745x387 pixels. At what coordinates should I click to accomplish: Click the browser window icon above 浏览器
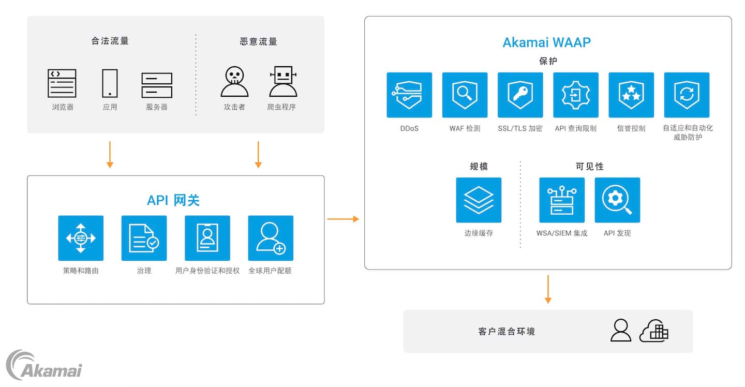[x=62, y=83]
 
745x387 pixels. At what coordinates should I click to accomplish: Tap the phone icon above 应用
[x=110, y=83]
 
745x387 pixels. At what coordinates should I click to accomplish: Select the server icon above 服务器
[x=157, y=85]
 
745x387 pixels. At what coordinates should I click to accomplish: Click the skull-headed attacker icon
[x=234, y=82]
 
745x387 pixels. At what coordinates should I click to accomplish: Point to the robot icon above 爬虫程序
[x=283, y=82]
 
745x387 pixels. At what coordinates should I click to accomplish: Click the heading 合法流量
[x=110, y=41]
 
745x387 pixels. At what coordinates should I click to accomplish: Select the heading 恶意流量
[x=259, y=41]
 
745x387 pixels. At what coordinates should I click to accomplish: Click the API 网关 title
[x=173, y=200]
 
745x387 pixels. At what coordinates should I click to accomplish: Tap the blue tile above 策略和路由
[x=81, y=238]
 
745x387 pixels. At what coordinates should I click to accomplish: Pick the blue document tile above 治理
[x=144, y=238]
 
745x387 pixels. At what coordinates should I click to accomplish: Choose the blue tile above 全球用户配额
[x=271, y=238]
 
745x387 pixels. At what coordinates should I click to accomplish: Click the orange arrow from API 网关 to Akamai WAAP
[x=343, y=219]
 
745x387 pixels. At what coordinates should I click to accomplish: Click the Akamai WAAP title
[x=546, y=42]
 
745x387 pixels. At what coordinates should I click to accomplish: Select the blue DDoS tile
[x=409, y=95]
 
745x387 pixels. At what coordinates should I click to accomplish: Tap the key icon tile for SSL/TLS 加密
[x=520, y=95]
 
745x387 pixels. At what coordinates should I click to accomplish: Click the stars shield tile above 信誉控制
[x=631, y=95]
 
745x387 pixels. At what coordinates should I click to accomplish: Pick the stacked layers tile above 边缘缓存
[x=479, y=200]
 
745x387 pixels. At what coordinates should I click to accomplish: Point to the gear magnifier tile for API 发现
[x=617, y=200]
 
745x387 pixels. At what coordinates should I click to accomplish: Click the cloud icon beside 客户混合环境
[x=654, y=331]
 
